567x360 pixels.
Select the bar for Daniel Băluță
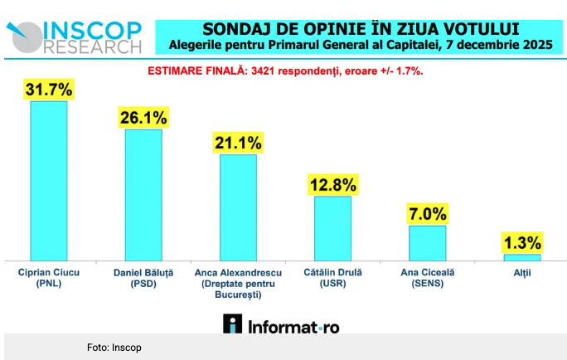click(x=143, y=194)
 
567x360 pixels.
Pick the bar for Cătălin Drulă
click(x=333, y=228)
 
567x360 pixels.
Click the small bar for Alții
click(x=522, y=257)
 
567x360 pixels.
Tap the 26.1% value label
click(x=143, y=117)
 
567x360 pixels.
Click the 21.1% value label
click(x=238, y=143)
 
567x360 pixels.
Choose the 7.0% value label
click(x=428, y=213)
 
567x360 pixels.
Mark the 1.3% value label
click(x=522, y=243)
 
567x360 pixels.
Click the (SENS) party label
click(x=426, y=284)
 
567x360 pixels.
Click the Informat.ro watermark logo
click(x=282, y=325)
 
